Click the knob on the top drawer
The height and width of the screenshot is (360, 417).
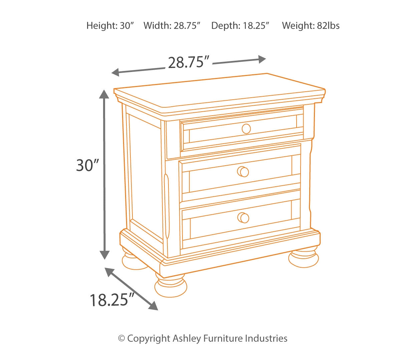point(246,129)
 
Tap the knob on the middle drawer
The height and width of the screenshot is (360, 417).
point(243,172)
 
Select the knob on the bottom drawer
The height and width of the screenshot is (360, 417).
point(244,218)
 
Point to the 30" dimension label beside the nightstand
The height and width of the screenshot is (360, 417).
point(87,165)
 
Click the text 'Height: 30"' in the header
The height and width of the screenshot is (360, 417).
point(110,26)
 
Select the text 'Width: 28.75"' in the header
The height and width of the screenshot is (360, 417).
point(172,26)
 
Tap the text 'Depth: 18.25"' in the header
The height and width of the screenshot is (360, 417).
point(240,26)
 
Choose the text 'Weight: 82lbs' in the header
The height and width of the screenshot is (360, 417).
point(311,26)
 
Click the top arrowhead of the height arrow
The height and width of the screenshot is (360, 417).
point(104,94)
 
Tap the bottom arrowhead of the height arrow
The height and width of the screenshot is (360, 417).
point(105,255)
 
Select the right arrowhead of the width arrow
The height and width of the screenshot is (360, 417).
point(262,59)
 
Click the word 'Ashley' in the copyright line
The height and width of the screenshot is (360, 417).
point(187,339)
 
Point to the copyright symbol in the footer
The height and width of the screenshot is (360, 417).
point(121,339)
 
